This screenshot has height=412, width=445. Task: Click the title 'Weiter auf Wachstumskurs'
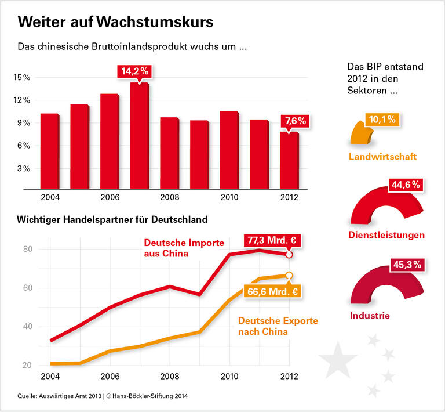[115, 22]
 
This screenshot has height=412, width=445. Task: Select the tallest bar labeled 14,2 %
[139, 136]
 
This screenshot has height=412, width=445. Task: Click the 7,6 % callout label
[295, 121]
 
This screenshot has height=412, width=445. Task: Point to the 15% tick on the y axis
[23, 77]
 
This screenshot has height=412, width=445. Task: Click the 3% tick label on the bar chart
[24, 169]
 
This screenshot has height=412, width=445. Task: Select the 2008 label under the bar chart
[169, 197]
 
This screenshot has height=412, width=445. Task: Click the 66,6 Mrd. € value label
[272, 291]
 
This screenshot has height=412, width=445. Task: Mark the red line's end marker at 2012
[289, 254]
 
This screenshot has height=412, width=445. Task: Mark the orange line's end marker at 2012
[289, 275]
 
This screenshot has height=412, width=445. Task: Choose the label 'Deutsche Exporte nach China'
[278, 326]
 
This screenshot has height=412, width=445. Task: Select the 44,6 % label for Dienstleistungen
[404, 186]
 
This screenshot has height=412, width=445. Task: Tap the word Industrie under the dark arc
[370, 316]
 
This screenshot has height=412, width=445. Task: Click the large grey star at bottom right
[338, 360]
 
